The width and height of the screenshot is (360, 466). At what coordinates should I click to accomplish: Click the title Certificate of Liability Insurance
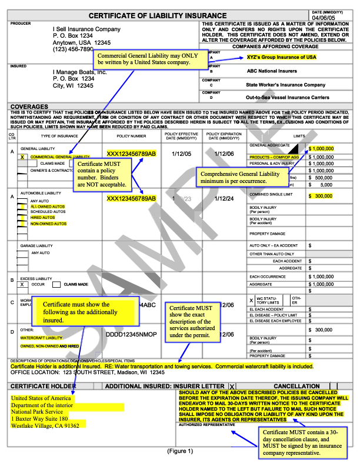[x=157, y=15]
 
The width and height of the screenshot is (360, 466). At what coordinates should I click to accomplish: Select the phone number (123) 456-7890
[x=73, y=49]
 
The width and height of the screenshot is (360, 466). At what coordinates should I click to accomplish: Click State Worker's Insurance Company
[x=285, y=85]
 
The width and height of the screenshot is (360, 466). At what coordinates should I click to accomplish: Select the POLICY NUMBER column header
[x=131, y=136]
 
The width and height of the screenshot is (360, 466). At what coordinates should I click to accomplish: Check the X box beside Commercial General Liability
[x=22, y=157]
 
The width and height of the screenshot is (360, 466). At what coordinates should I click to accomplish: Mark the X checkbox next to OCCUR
[x=22, y=284]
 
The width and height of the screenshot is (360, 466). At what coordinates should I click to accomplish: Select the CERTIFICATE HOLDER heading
[x=39, y=386]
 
